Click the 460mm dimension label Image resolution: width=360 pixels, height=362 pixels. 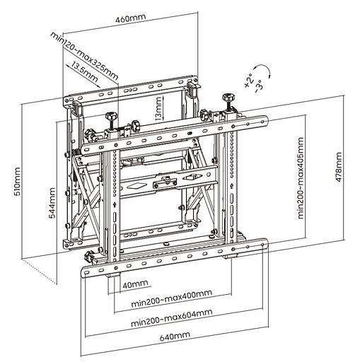click(x=131, y=18)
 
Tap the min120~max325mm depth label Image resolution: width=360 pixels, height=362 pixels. click(x=84, y=56)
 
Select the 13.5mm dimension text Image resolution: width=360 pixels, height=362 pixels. click(x=85, y=71)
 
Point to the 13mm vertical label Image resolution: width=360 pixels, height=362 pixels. click(x=158, y=109)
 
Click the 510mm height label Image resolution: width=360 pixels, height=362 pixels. click(x=17, y=182)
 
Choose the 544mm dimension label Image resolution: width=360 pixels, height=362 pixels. click(x=52, y=203)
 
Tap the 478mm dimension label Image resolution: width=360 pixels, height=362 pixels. click(x=339, y=167)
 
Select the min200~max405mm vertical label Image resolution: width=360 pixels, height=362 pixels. click(x=301, y=178)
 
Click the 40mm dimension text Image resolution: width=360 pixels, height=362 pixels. click(x=135, y=284)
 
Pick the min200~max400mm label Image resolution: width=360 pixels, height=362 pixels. click(x=171, y=298)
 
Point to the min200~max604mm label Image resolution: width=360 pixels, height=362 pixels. click(x=172, y=317)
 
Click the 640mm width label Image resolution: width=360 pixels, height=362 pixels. click(x=175, y=336)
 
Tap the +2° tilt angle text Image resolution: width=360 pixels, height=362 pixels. click(x=249, y=81)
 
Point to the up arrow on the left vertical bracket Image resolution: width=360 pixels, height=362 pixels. click(x=115, y=205)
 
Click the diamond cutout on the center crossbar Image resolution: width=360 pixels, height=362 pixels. click(x=134, y=186)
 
